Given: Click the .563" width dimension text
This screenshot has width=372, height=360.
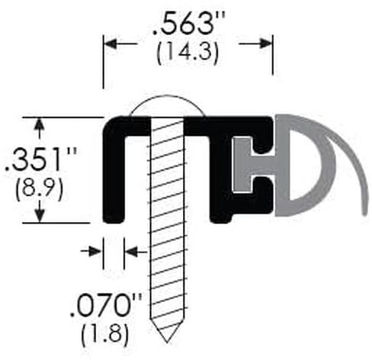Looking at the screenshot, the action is [x=188, y=23].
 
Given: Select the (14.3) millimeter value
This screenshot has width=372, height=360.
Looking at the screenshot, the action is [x=188, y=53].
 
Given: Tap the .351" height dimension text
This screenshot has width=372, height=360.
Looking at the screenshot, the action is [x=40, y=159].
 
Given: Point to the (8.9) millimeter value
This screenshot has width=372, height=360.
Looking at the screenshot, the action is [x=39, y=189].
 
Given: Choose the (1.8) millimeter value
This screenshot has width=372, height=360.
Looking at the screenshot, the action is [x=104, y=334].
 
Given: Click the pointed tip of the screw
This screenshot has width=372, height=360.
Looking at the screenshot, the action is [x=167, y=342].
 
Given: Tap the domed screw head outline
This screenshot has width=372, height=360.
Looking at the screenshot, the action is [x=167, y=96].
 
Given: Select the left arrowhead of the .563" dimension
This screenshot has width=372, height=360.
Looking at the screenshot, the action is [x=111, y=43].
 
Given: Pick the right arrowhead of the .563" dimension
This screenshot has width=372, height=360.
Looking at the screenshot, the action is [x=265, y=43].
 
